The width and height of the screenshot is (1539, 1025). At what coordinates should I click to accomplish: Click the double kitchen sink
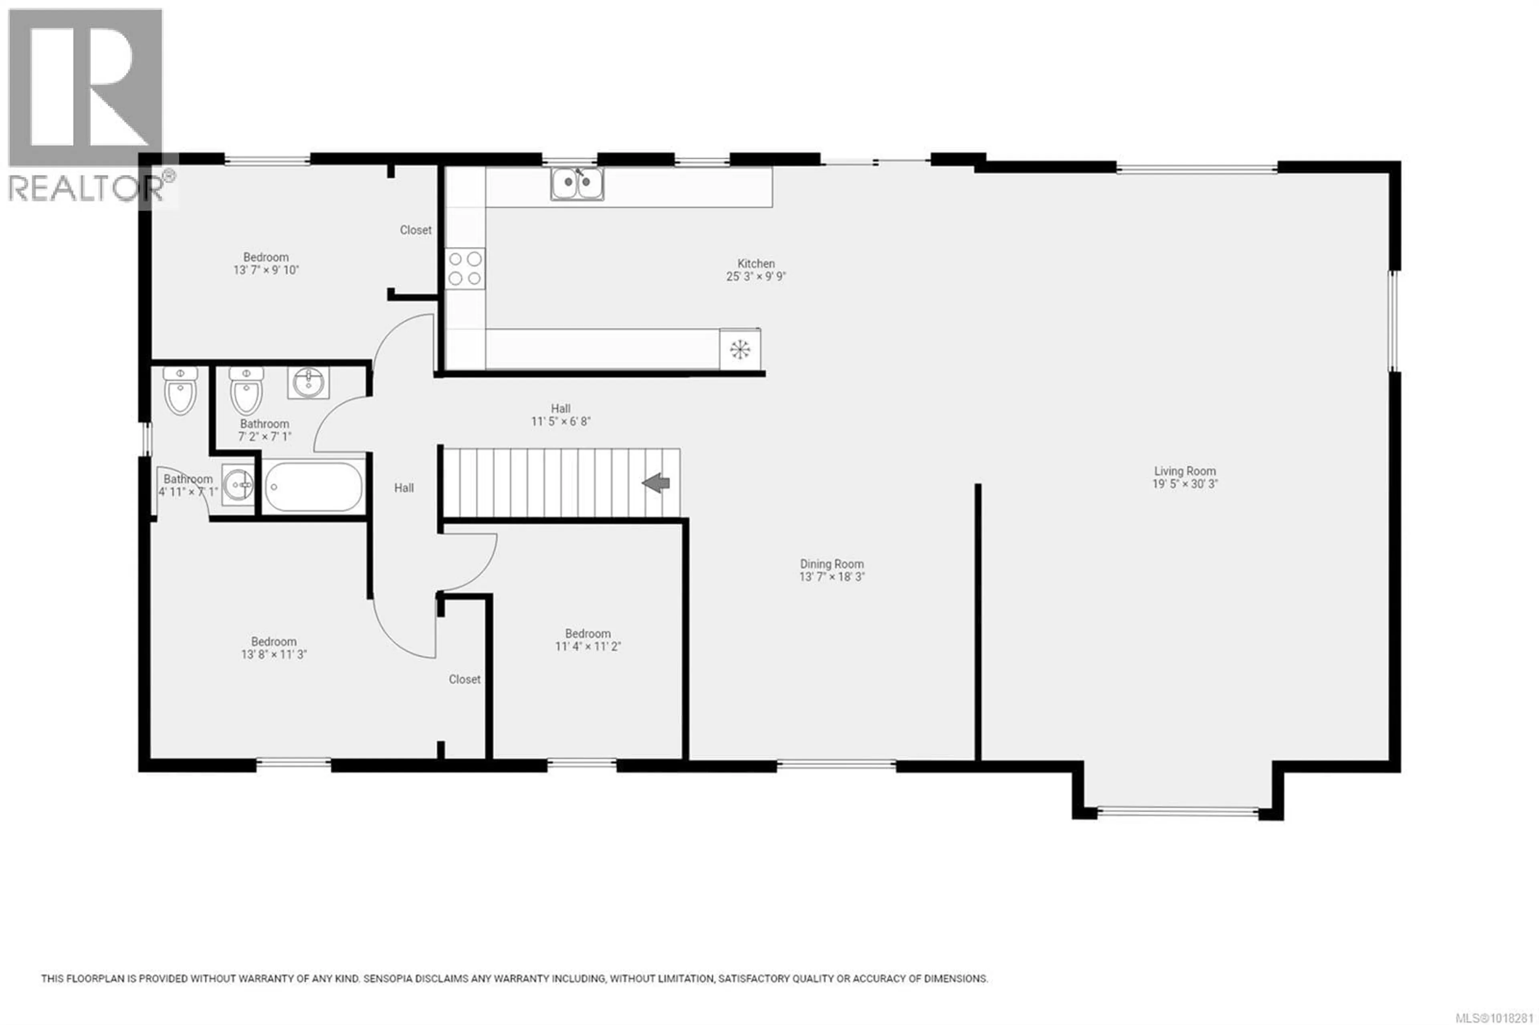(577, 184)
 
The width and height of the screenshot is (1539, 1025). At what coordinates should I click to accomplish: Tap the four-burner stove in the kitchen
(465, 268)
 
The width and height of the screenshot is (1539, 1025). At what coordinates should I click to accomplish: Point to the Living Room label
(1185, 471)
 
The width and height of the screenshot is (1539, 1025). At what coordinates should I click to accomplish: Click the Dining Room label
(832, 563)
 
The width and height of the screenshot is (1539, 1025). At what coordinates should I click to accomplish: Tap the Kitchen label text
(756, 263)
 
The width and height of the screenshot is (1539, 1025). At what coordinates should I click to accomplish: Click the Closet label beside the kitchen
(416, 230)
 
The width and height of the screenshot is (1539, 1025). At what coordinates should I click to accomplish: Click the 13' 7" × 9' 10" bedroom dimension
(266, 270)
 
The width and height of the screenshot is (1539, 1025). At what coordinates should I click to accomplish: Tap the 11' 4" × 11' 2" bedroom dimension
(588, 646)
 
